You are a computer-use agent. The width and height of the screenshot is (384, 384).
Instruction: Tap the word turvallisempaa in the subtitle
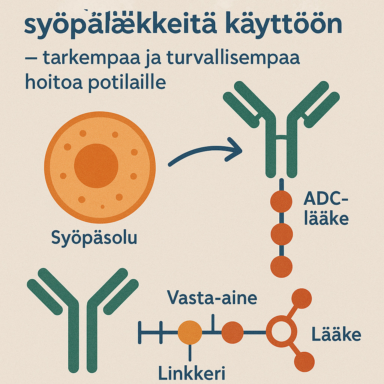click(x=233, y=58)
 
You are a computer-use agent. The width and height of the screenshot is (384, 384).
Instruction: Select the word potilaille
click(x=127, y=82)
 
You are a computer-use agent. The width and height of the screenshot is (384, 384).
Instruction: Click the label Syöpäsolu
click(x=94, y=238)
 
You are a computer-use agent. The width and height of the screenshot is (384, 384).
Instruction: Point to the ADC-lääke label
click(x=326, y=208)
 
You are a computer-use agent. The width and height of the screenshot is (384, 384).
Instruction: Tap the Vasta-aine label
click(x=212, y=297)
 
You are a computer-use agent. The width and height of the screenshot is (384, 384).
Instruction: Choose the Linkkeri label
click(x=192, y=373)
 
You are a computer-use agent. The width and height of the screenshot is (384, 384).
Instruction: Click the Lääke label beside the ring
click(x=336, y=334)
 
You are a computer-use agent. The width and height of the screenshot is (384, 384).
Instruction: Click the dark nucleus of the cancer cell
click(x=96, y=166)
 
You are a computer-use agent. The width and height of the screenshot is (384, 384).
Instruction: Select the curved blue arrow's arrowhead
click(x=234, y=150)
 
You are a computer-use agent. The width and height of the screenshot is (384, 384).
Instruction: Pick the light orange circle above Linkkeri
click(x=190, y=333)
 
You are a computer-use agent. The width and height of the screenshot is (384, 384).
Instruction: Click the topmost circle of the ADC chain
click(x=281, y=201)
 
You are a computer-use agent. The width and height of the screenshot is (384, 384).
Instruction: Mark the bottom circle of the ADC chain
click(x=281, y=267)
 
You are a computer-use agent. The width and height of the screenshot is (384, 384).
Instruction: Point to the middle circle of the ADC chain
click(x=282, y=234)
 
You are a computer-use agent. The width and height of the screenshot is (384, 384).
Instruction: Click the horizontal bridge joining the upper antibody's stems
click(x=281, y=137)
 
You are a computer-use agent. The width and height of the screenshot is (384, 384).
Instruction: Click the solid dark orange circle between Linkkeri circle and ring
click(x=232, y=332)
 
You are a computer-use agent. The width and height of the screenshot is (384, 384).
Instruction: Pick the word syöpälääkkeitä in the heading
click(x=120, y=25)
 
